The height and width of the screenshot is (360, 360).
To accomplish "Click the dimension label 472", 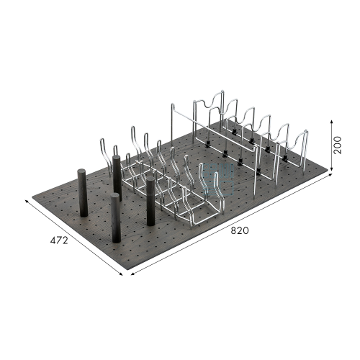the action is [59, 240].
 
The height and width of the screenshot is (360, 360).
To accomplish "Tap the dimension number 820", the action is [240, 230].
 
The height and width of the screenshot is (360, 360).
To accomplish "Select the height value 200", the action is [337, 145].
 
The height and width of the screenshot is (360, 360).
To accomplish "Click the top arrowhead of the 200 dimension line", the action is [331, 122].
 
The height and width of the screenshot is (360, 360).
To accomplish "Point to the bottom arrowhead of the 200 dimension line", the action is [331, 170].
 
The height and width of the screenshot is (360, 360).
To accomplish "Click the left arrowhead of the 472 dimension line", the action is [27, 201].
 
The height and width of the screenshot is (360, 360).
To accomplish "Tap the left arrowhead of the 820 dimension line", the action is [132, 274].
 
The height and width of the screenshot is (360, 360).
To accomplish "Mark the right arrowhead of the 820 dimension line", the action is [330, 175].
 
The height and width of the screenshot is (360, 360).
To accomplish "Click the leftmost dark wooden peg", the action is [83, 193].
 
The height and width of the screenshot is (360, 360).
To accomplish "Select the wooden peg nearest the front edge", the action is [115, 218].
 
